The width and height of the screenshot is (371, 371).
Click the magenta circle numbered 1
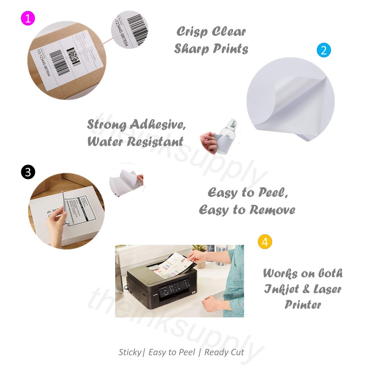tap(28, 18)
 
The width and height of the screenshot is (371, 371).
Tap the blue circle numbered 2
tap(324, 50)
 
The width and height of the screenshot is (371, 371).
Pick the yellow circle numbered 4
tap(265, 242)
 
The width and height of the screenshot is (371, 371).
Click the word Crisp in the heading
tap(192, 32)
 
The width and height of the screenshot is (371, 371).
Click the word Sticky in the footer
tap(129, 352)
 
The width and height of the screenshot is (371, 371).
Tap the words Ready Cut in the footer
tap(224, 352)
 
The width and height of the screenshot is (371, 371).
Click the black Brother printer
tap(163, 286)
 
